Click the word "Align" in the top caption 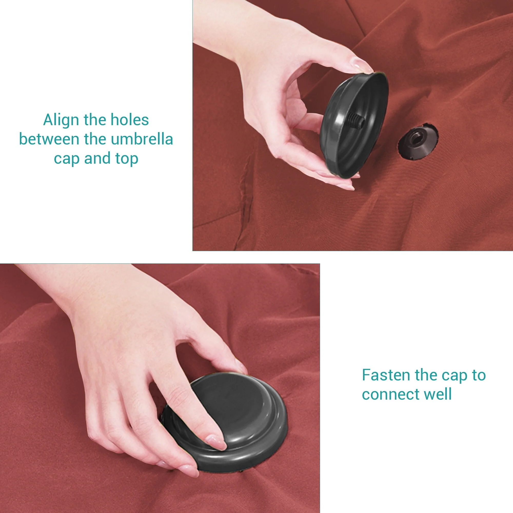pos(62,120)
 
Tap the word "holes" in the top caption pos(130,120)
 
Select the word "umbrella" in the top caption pos(142,139)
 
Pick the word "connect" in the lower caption pos(391,394)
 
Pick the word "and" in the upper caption pos(97,158)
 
